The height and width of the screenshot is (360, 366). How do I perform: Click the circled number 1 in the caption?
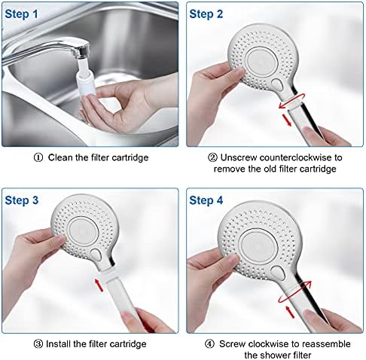(x=38, y=157)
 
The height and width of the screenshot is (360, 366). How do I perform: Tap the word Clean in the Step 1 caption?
(x=63, y=157)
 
